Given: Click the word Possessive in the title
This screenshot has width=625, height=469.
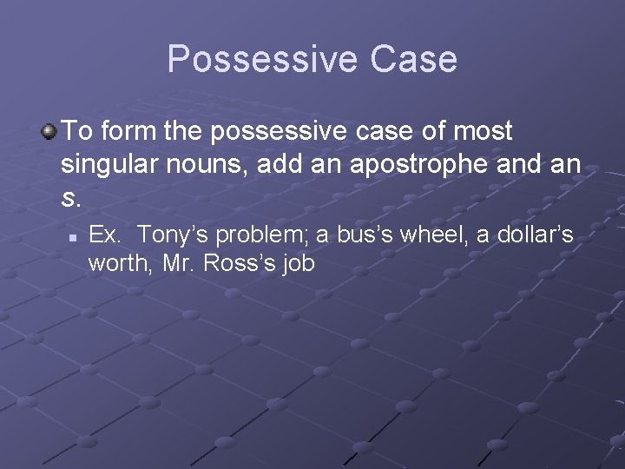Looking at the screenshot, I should (261, 59).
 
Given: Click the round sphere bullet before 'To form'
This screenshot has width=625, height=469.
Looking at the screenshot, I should (49, 132).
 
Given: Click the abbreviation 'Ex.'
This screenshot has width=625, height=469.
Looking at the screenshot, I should (104, 235).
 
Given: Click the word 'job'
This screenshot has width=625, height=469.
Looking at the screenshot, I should (298, 263).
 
